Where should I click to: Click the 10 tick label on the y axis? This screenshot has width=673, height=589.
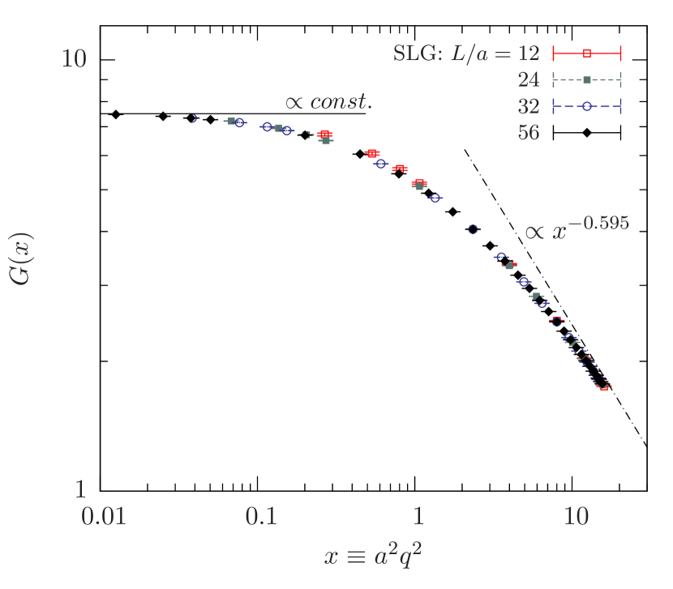74,59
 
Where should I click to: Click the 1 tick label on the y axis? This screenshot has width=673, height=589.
79,489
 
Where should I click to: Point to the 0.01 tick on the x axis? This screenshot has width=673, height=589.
104,515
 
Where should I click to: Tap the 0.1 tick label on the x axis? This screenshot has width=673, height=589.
261,515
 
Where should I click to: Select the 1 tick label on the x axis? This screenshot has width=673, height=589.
418,515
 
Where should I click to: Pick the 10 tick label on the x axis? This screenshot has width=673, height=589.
576,515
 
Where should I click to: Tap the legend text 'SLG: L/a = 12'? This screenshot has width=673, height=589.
466,53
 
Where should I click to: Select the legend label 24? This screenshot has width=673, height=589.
529,79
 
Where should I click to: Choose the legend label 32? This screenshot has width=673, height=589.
529,106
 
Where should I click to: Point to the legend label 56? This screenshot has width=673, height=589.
529,133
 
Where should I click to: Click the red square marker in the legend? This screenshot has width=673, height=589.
587,53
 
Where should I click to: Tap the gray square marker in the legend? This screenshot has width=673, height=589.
587,79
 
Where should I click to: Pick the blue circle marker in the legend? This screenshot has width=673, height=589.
587,106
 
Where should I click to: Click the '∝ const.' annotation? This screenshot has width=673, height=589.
328,102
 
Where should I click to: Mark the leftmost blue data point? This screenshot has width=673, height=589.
192,118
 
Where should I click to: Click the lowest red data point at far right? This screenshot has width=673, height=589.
602,386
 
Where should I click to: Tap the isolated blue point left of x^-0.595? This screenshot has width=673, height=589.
473,229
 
